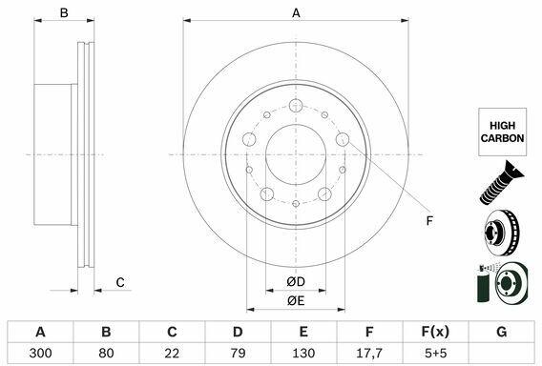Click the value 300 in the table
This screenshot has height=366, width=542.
coord(40,353)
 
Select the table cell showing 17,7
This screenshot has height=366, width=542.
coord(369,353)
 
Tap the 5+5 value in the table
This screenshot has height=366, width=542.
coord(435,353)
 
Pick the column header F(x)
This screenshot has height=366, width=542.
coord(435,332)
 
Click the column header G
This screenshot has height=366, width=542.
coord(501,332)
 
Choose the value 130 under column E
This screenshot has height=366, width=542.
coord(303,353)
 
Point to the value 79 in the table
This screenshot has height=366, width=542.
coord(238,353)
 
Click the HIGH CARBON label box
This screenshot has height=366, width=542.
coord(502,132)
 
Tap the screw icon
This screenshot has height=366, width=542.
coord(502,182)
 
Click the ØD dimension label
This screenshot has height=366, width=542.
coord(296,282)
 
